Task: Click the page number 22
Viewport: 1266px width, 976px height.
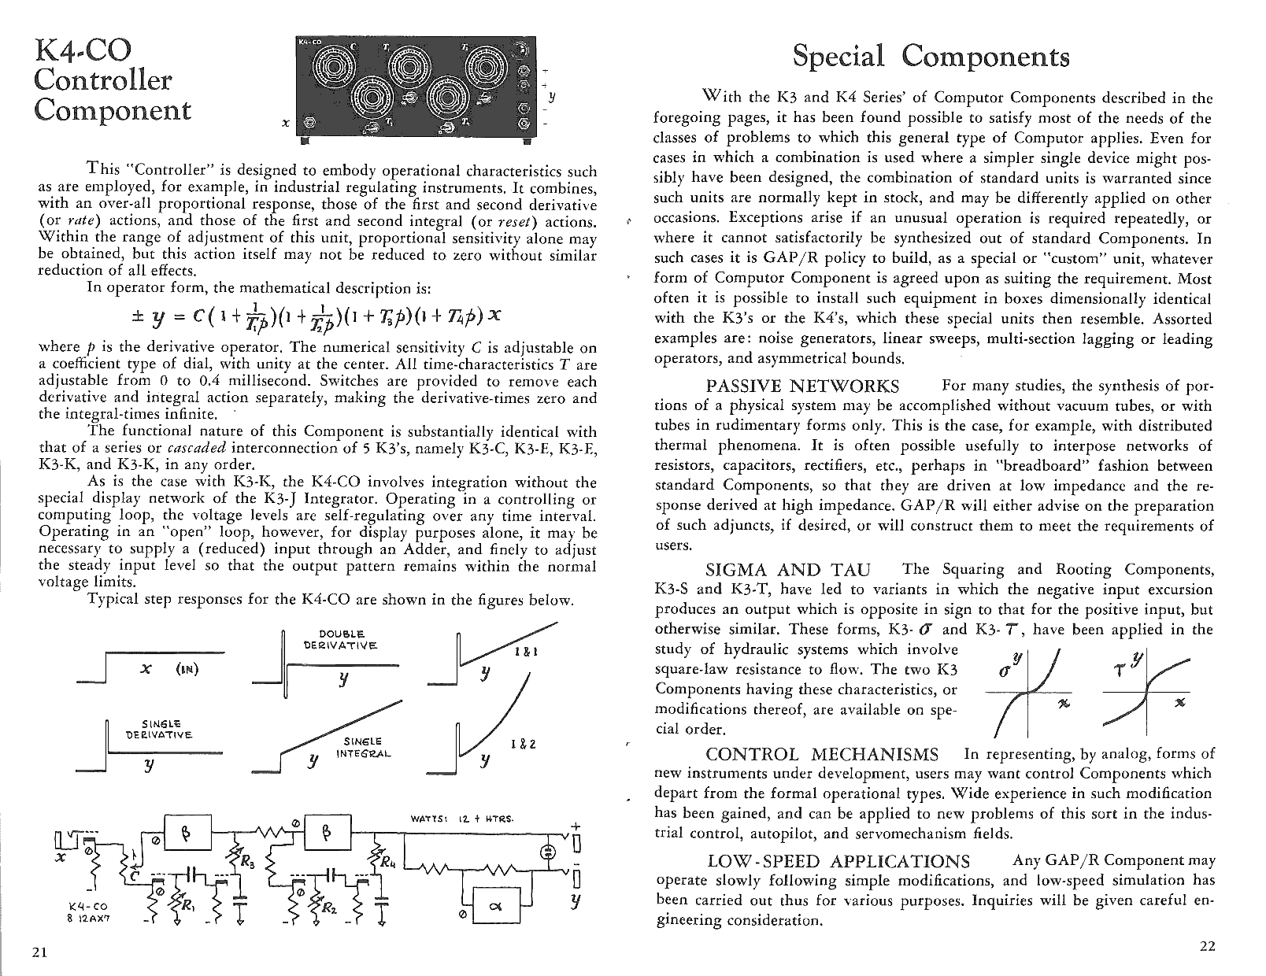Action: point(1207,946)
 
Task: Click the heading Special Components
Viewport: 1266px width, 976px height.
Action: point(931,57)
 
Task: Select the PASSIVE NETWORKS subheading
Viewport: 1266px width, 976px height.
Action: point(802,386)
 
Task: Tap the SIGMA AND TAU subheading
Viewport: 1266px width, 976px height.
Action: point(788,570)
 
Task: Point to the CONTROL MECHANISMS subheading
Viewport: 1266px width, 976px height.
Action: point(822,755)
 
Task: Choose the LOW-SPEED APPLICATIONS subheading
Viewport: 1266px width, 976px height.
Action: point(838,861)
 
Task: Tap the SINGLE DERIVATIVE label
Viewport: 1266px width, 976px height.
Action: point(160,729)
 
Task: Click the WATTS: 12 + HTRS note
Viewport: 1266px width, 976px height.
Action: point(462,819)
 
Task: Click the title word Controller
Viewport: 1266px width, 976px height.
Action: point(103,79)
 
